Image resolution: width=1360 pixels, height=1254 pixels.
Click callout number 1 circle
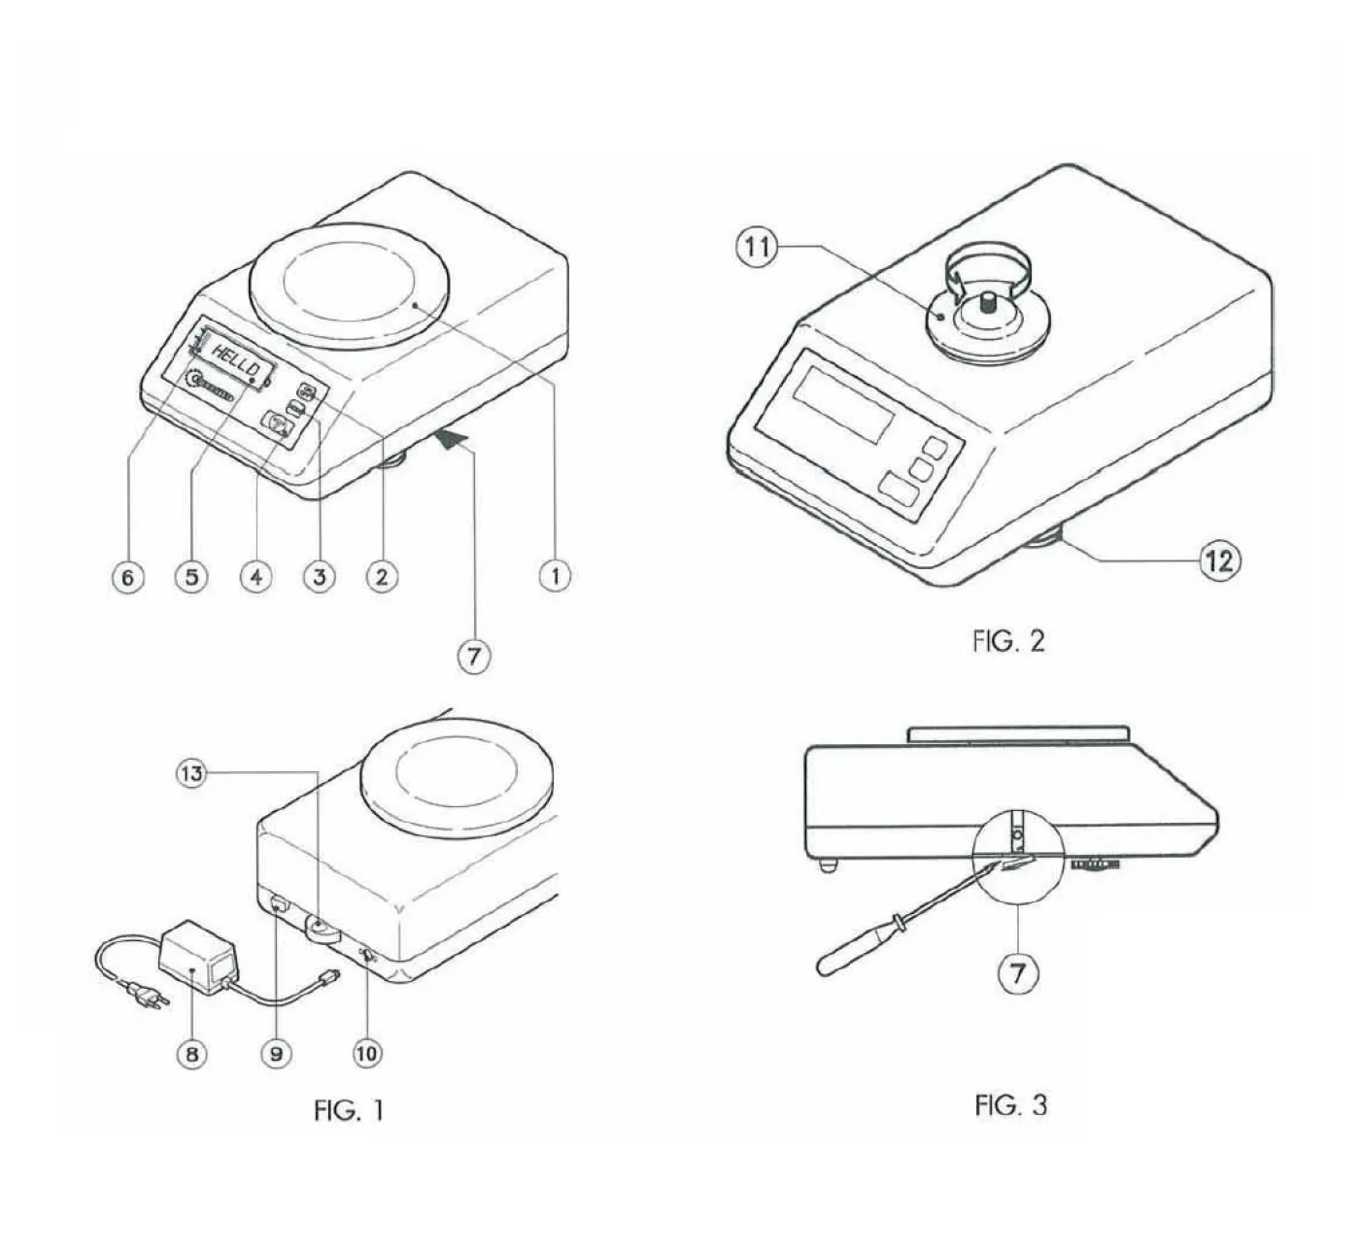coord(556,577)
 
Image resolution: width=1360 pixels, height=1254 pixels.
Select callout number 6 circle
coord(128,577)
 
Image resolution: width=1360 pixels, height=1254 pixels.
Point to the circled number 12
coord(1220,560)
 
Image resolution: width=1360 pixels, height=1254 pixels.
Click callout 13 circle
coord(191,774)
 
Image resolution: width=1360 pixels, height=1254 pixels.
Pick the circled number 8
coord(191,1054)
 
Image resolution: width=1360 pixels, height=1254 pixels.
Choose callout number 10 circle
coord(367,1053)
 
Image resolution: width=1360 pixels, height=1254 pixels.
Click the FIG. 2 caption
coord(1008,642)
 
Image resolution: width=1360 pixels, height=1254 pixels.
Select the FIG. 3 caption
coord(1011,1105)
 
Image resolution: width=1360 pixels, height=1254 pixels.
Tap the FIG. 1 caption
coord(350,1110)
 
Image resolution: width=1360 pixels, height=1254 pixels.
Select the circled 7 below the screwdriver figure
coord(1018,974)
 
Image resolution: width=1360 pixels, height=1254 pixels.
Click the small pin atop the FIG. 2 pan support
coord(989,300)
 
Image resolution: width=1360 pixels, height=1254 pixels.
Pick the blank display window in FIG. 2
coord(846,404)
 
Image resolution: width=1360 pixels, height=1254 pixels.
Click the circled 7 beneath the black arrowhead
coord(474,656)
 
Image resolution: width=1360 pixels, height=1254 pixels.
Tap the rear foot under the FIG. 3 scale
coord(829,865)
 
